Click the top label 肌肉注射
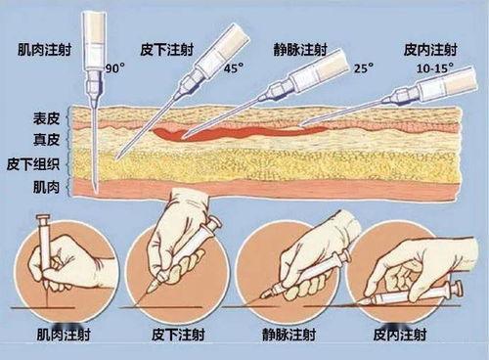pos(37,48)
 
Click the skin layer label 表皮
pos(47,119)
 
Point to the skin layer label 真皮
pos(47,141)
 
